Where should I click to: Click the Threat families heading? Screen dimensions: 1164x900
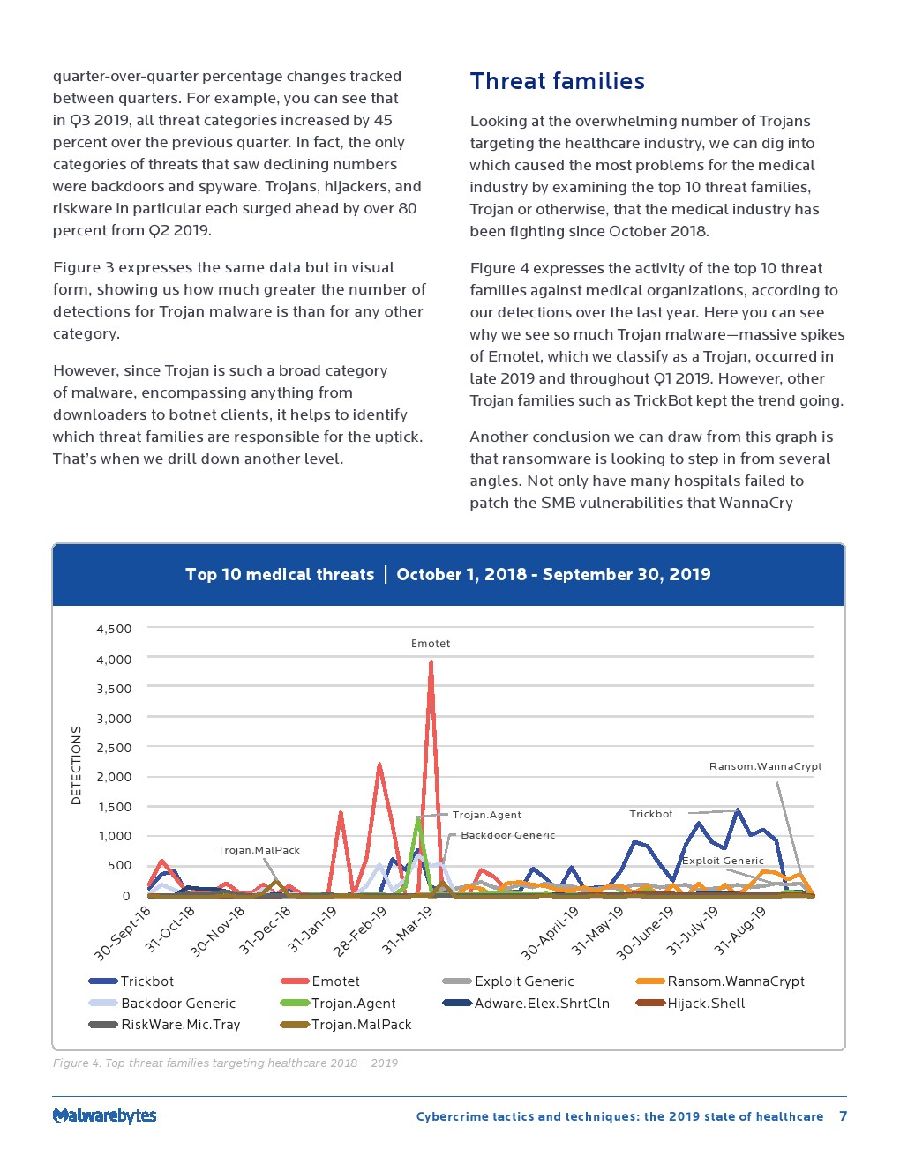pos(557,82)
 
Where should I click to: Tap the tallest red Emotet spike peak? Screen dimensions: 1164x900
pos(431,663)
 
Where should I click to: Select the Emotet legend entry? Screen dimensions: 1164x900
pos(335,981)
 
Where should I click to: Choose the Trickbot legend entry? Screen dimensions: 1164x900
pos(146,981)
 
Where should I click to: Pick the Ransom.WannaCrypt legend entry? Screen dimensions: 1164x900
pos(735,981)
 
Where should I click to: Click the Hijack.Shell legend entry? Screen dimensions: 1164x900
pos(706,1004)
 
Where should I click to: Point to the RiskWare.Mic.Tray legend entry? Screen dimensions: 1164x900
pos(180,1025)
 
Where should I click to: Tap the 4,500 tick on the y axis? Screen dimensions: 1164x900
pos(114,629)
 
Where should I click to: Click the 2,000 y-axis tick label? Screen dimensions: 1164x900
pos(114,777)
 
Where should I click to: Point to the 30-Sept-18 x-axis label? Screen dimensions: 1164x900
pos(124,932)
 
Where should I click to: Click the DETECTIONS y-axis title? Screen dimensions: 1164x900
pos(76,765)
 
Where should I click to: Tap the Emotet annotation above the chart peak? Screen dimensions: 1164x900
pos(431,644)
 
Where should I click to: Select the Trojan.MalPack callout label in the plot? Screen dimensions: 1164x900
pos(259,850)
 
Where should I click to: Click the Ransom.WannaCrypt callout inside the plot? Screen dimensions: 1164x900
pos(765,766)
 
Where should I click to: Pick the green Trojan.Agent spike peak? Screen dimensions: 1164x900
pos(418,818)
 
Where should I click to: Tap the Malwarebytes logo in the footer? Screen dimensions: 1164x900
pos(104,1115)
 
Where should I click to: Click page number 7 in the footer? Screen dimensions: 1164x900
pos(843,1116)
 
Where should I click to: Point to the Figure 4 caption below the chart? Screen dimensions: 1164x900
pos(225,1063)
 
